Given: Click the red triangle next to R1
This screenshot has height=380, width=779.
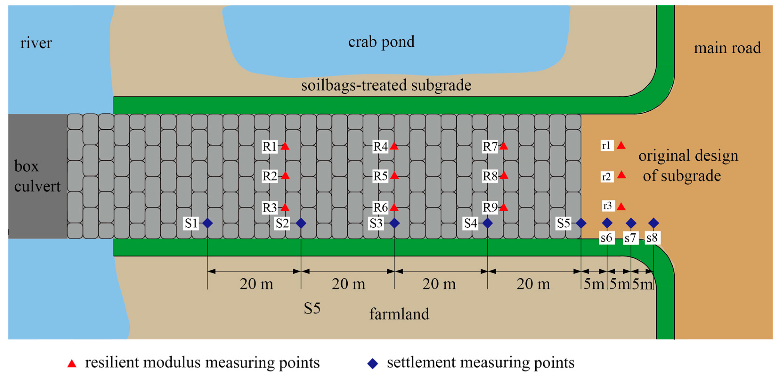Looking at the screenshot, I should pyautogui.click(x=285, y=147).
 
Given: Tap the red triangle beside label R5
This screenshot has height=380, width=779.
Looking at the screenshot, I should pyautogui.click(x=394, y=176).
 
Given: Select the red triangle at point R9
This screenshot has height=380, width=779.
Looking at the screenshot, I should pyautogui.click(x=503, y=208).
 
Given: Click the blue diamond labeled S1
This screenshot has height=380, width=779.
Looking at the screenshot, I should pyautogui.click(x=207, y=223).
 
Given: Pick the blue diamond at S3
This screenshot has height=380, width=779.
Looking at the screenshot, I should pyautogui.click(x=394, y=223).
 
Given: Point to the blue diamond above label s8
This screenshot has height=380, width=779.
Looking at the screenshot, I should pyautogui.click(x=653, y=223).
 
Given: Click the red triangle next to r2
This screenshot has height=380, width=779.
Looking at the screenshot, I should pyautogui.click(x=621, y=175).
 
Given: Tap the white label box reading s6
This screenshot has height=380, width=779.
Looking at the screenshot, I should pyautogui.click(x=607, y=238).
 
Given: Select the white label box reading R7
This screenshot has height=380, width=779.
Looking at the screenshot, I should pyautogui.click(x=490, y=147).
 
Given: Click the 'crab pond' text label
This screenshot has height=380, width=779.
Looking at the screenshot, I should pyautogui.click(x=381, y=42).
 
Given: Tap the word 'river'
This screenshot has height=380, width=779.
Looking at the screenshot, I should pyautogui.click(x=36, y=43).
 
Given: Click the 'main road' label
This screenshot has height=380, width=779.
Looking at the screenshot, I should pyautogui.click(x=727, y=48).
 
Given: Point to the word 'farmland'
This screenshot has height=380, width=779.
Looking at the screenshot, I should pyautogui.click(x=399, y=314).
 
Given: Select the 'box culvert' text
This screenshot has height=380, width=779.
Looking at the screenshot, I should pyautogui.click(x=37, y=176).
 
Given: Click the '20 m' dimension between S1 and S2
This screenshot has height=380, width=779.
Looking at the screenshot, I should pyautogui.click(x=256, y=284).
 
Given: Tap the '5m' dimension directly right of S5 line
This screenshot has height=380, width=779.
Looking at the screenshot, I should pyautogui.click(x=593, y=284).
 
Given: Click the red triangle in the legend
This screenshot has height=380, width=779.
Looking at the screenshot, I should pyautogui.click(x=72, y=363).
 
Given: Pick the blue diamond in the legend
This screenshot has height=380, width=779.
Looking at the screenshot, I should pyautogui.click(x=373, y=363).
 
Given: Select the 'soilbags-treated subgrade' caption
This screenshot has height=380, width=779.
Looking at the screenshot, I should pyautogui.click(x=386, y=85).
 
